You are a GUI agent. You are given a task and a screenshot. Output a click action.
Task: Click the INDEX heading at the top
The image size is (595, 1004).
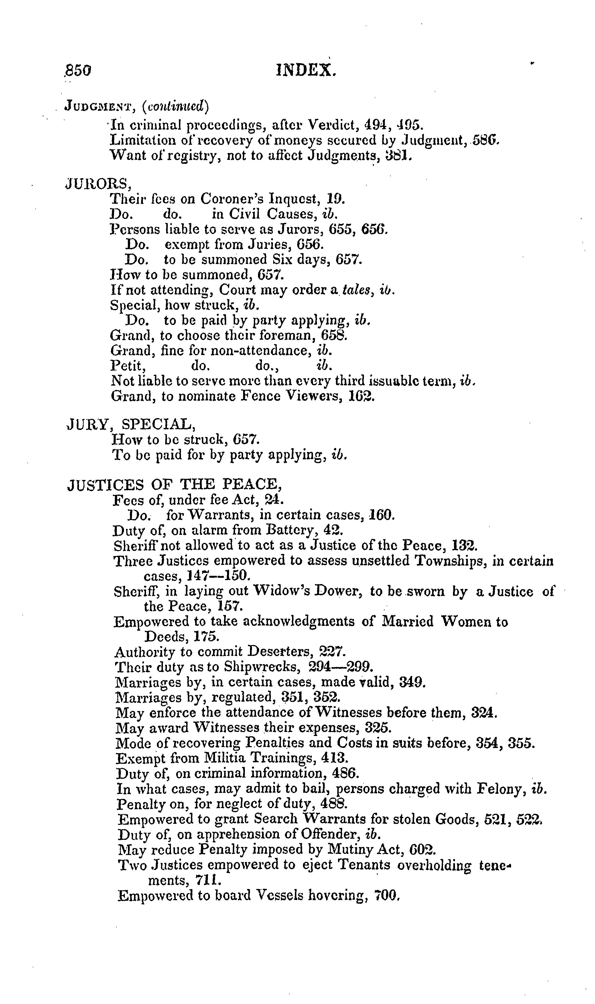click(306, 71)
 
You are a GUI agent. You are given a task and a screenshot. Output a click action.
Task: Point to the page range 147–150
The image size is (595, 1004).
click(219, 576)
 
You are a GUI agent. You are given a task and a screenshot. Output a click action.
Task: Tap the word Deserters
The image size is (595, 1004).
click(279, 652)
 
